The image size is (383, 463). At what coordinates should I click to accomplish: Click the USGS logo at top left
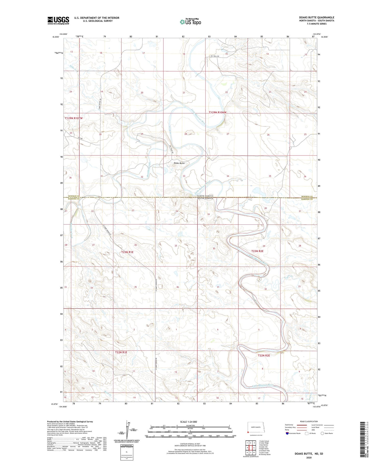tap(58, 20)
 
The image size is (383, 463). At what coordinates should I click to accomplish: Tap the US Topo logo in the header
tap(190, 22)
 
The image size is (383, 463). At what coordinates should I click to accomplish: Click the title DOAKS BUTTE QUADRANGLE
tap(317, 17)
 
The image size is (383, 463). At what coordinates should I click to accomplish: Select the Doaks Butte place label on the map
tap(179, 163)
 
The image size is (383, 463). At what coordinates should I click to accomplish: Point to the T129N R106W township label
tap(218, 112)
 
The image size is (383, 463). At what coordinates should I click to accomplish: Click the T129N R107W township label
tap(74, 118)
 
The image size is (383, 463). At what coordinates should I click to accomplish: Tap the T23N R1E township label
tap(127, 252)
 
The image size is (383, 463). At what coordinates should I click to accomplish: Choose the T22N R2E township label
tap(264, 355)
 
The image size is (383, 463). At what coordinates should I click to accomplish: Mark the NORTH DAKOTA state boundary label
tap(205, 196)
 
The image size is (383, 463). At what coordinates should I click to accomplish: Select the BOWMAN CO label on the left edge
tap(74, 196)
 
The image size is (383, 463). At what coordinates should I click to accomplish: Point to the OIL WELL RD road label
tap(215, 56)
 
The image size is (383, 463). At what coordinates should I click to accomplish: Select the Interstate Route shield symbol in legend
tap(287, 433)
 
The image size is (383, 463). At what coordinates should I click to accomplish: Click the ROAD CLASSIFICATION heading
tap(309, 421)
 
